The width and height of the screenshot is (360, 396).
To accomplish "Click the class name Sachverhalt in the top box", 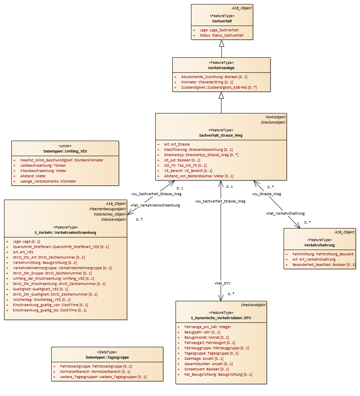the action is click(x=222, y=21).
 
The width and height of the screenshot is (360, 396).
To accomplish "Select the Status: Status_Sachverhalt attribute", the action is click(x=221, y=35).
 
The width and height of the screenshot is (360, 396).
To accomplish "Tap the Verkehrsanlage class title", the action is click(x=221, y=68).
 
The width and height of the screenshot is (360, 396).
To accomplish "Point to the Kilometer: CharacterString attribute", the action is click(x=207, y=82).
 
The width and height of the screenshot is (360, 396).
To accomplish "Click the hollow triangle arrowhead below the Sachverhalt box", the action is click(x=222, y=44).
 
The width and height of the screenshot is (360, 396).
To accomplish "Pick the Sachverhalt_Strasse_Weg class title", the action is click(x=221, y=135).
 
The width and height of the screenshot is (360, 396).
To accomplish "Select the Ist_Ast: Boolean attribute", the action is click(x=182, y=160).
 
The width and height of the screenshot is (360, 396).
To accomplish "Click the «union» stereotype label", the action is click(x=65, y=146).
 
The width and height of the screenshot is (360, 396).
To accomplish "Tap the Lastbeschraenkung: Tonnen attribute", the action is click(x=43, y=165).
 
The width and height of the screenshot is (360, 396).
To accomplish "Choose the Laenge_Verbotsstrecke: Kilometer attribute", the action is click(x=48, y=181).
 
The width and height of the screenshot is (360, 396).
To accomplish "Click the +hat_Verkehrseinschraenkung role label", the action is click(x=155, y=205).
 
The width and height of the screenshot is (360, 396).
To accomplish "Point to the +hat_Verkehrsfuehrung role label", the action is click(x=285, y=213).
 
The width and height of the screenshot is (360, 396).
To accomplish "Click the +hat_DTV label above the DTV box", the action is click(x=222, y=283).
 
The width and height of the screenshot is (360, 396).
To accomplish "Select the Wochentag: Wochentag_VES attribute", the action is click(x=42, y=300).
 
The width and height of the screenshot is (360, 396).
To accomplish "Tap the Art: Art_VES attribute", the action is click(x=23, y=252).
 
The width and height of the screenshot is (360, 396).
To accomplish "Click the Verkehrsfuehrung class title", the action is click(x=319, y=245).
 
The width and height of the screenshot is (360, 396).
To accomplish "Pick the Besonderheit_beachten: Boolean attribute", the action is click(x=324, y=265).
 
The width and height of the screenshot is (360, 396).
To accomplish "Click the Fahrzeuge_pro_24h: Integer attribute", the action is click(x=208, y=327).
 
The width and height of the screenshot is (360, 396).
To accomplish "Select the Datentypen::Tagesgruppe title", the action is click(x=107, y=357).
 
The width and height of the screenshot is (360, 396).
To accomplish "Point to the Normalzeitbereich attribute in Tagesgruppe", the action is click(x=95, y=372).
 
